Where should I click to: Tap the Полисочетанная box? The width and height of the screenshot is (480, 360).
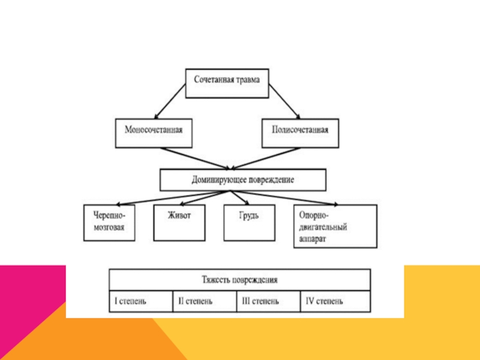300,133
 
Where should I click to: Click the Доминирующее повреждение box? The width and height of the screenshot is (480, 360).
242,179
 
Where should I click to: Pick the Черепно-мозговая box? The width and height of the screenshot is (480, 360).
109,223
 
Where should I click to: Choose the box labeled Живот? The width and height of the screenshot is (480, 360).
179,223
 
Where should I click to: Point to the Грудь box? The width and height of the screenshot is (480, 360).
250,223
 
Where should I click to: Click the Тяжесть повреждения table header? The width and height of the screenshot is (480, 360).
239,280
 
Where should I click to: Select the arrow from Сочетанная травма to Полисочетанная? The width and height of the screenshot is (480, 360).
283,100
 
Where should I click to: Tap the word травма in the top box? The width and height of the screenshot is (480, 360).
248,79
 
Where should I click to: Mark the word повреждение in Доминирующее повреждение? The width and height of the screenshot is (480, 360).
269,179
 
